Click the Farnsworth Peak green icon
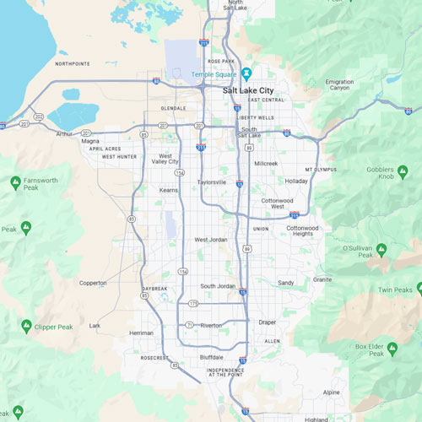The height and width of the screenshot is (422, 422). tap(16, 181)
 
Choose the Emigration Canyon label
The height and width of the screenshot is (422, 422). tap(339, 84)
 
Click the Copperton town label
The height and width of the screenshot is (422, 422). tap(93, 283)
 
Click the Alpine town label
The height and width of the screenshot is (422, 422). tap(332, 392)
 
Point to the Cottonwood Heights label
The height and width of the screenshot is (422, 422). tap(302, 230)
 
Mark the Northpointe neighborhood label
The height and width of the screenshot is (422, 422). tap(72, 63)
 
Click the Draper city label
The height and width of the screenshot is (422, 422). tap(268, 322)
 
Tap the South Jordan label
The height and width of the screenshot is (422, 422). tap(218, 286)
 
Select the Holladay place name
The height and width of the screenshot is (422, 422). tap(296, 181)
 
